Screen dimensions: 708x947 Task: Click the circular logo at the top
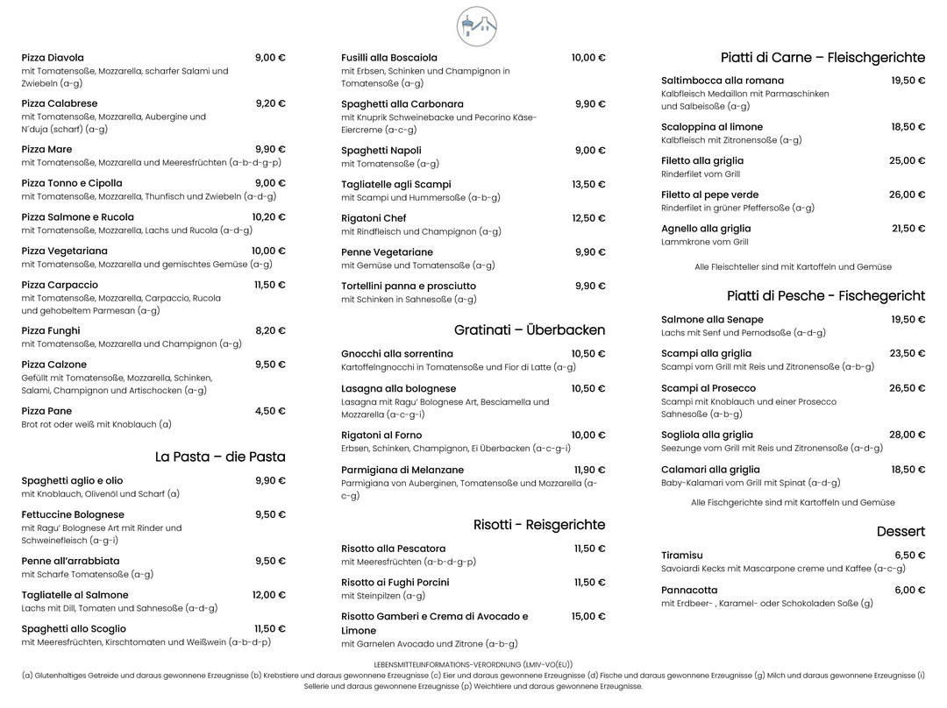pyautogui.click(x=476, y=26)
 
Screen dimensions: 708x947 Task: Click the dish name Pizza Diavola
pyautogui.click(x=53, y=58)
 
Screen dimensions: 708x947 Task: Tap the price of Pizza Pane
pyautogui.click(x=270, y=411)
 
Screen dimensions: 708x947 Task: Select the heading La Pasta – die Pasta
pyautogui.click(x=220, y=457)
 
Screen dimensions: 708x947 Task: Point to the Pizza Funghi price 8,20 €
pyautogui.click(x=270, y=330)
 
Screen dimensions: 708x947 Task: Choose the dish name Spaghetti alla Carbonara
pyautogui.click(x=402, y=104)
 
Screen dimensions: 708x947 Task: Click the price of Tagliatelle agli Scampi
pyautogui.click(x=588, y=185)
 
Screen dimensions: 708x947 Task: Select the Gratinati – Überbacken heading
pyautogui.click(x=530, y=330)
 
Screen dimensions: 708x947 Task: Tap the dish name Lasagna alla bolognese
pyautogui.click(x=398, y=389)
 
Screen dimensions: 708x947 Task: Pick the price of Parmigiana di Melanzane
pyautogui.click(x=589, y=471)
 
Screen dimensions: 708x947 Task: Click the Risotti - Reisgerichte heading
pyautogui.click(x=539, y=525)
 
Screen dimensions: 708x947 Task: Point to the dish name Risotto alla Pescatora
pyautogui.click(x=393, y=549)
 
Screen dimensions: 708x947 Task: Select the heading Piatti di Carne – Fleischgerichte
pyautogui.click(x=822, y=58)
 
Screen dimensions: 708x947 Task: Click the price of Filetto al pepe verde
pyautogui.click(x=908, y=195)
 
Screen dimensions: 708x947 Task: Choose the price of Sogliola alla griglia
pyautogui.click(x=908, y=435)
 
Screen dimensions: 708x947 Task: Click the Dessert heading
pyautogui.click(x=901, y=532)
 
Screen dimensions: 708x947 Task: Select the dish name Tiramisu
pyautogui.click(x=681, y=556)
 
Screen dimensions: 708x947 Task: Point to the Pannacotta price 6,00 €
pyautogui.click(x=909, y=591)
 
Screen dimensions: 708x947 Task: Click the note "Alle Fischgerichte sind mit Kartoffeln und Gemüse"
pyautogui.click(x=793, y=503)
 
